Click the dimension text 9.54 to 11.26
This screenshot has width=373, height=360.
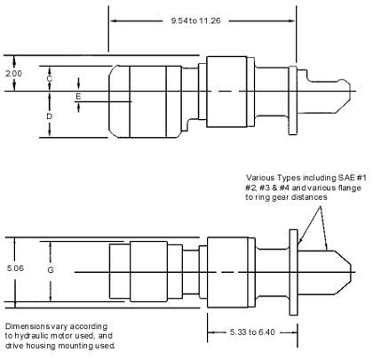tap(195, 21)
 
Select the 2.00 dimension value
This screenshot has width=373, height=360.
tap(13, 73)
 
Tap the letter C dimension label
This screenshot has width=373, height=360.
tap(50, 78)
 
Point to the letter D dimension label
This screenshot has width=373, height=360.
tap(50, 116)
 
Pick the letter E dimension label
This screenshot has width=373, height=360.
tap(78, 96)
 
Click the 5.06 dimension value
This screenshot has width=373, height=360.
tap(15, 268)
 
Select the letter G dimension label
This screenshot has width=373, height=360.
tap(51, 270)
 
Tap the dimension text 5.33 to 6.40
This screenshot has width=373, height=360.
tap(252, 332)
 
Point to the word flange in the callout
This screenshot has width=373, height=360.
tap(349, 188)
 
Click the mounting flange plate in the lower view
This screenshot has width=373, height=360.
tap(293, 272)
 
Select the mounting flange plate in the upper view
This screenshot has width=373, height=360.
tap(293, 100)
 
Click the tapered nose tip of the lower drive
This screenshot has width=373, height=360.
tap(351, 272)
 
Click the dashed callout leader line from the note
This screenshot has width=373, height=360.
tap(323, 228)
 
